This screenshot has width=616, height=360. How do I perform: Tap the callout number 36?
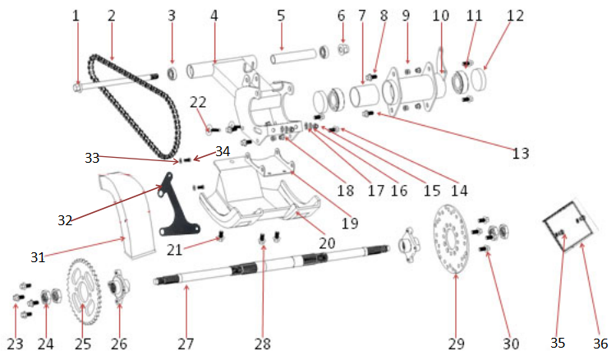coord(600,344)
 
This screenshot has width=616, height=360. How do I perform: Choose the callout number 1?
coord(76,16)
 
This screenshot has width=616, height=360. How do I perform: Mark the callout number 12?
coord(515,16)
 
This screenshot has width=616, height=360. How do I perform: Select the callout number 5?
coord(281,16)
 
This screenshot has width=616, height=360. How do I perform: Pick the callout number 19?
coord(350,222)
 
